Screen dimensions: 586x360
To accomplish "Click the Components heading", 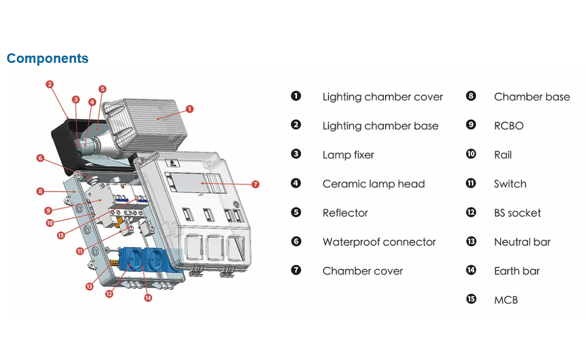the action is coord(48,58).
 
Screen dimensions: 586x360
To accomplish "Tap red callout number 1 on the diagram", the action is coord(190,109).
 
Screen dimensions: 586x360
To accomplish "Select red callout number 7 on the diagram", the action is coord(255,184).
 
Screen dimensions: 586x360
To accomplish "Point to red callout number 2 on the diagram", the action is coord(50,84).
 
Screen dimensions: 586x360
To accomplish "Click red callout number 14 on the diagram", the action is coord(148,298).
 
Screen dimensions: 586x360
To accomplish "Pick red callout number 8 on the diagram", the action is coord(40,192).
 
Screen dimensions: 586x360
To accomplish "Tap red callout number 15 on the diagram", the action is coord(61,235).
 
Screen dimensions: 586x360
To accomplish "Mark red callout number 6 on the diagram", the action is coord(40,158).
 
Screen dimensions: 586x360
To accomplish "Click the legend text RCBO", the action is coord(509,126).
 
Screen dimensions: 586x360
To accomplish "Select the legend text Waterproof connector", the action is coord(379,242).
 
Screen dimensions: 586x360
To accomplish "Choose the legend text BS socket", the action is coord(517,213).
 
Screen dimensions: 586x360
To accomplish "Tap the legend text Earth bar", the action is coord(517,271).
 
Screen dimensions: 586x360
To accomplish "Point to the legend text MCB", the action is coord(506,300).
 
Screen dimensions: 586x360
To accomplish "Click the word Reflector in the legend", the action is coord(345,213).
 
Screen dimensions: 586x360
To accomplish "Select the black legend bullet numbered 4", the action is coord(296,183).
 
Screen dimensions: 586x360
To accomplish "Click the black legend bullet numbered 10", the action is coord(471,154).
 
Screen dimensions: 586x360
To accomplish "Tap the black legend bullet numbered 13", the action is coord(471,241).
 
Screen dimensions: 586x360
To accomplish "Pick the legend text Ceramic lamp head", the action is coord(374,184).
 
